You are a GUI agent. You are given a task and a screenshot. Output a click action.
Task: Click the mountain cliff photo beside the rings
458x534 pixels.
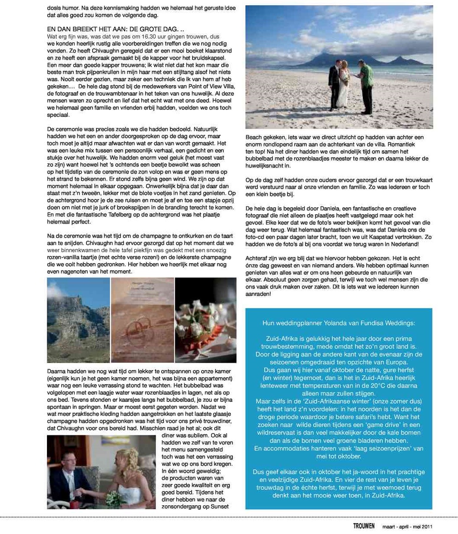(78, 320)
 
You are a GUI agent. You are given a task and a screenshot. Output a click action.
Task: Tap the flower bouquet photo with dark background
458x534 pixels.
(206, 320)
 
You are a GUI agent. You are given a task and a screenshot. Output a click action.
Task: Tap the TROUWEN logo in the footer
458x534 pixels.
(363, 526)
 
